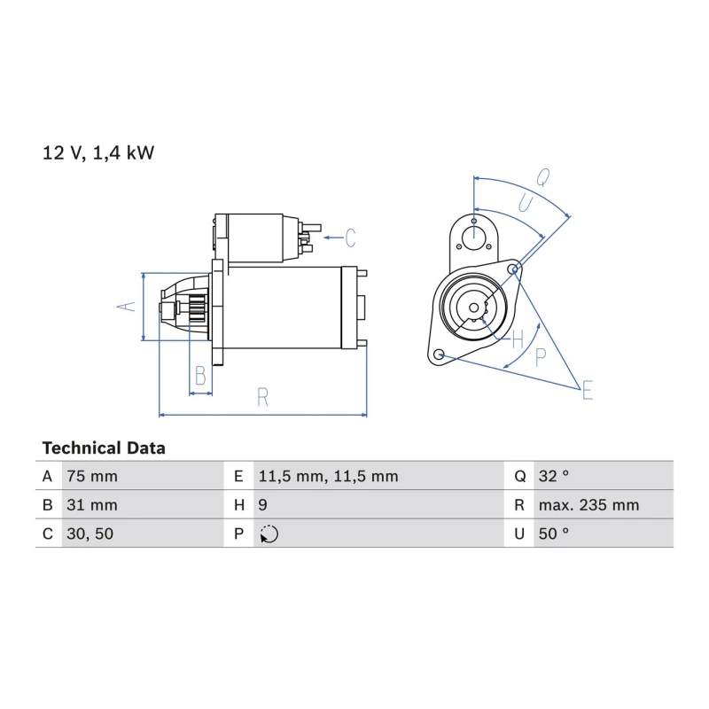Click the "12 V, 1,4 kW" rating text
coord(98,152)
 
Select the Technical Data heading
coord(104,448)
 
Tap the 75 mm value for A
coord(92,476)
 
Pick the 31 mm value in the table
coord(92,505)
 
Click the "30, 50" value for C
coord(90,534)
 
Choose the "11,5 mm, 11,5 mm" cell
coord(328,476)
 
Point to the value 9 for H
coord(262,505)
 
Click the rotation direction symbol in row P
coord(269,534)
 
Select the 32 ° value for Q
coord(553,476)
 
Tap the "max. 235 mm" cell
coord(588,505)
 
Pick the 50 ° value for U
coord(553,534)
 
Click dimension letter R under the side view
coord(262,397)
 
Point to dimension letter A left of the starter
coord(126,307)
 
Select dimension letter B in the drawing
coord(200,375)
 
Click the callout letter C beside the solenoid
coord(350,238)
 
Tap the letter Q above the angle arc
coord(543,177)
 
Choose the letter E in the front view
coord(588,390)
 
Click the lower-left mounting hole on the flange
coord(438,354)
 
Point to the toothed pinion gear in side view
coord(198,308)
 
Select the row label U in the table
coord(519,534)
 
